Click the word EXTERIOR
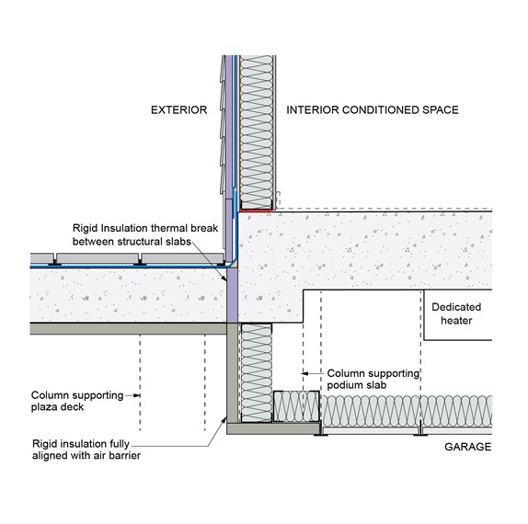click(x=178, y=110)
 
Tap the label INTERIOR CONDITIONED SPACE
click(x=373, y=110)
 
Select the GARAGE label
click(x=467, y=447)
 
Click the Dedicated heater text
click(x=456, y=313)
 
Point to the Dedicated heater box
click(x=458, y=314)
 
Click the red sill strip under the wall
click(x=256, y=211)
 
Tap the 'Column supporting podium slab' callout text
click(x=373, y=379)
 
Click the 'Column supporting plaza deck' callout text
click(x=77, y=401)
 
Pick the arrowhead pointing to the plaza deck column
click(x=137, y=395)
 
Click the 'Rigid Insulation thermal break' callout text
click(x=145, y=235)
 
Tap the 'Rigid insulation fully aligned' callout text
click(x=86, y=450)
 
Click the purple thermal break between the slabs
click(x=232, y=295)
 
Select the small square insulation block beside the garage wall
click(x=296, y=406)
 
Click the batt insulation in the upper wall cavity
click(x=257, y=132)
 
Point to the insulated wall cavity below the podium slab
click(x=257, y=373)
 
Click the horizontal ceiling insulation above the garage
click(x=407, y=412)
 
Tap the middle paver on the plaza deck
click(x=98, y=258)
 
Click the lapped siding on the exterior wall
click(x=223, y=124)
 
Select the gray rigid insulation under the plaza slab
click(x=128, y=328)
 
